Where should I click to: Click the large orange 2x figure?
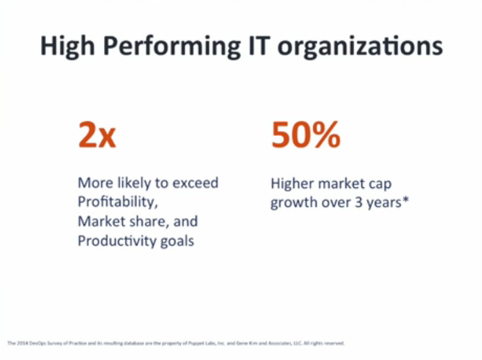point(97,135)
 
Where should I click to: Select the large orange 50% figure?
point(305,135)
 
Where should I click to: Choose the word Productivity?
point(114,241)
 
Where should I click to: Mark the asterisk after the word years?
point(404,200)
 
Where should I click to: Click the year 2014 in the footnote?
point(20,343)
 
